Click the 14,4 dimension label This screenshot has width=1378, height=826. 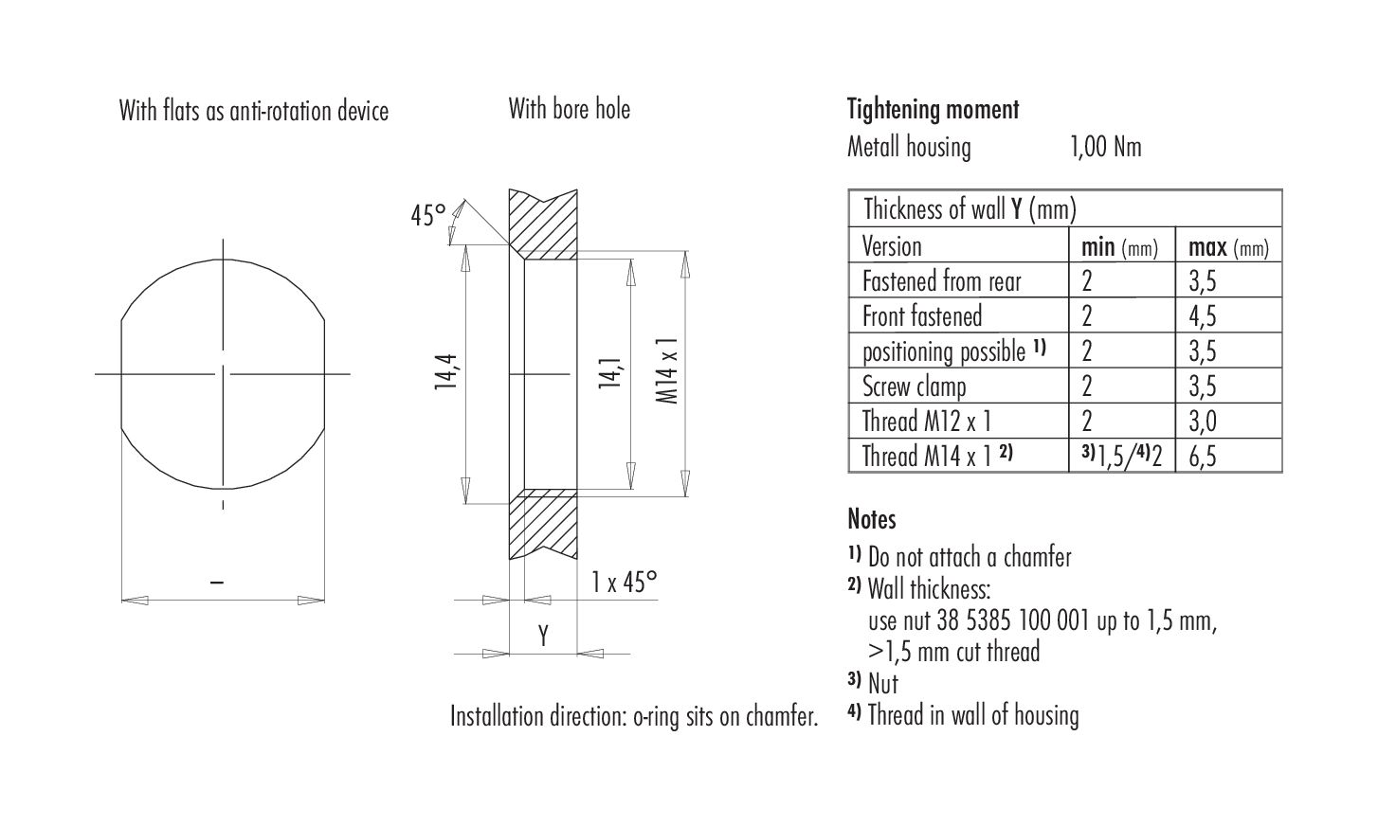pos(446,371)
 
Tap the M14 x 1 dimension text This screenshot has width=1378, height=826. pos(667,370)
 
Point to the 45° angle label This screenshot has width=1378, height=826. pos(428,215)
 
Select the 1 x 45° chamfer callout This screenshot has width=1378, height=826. pos(624,582)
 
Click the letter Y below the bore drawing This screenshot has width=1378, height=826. pos(543,636)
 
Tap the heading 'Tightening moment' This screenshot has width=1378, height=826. pos(933,110)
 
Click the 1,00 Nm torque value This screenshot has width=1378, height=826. pos(1106,147)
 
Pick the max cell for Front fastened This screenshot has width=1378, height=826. pos(1202,316)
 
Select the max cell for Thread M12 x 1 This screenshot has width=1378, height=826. pos(1202,422)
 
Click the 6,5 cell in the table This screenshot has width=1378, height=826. pos(1202,457)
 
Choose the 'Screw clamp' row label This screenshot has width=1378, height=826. pos(915,386)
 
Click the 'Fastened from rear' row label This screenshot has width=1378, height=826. pos(941,281)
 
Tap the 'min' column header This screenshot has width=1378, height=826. pos(1097,247)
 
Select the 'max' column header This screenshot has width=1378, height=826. pos(1207,247)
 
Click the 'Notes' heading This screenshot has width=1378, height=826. pos(871,519)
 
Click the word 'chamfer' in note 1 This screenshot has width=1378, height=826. pos(1037,557)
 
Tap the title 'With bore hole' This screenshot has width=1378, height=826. pos(569,110)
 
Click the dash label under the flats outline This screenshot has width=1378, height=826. pos(216,582)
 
